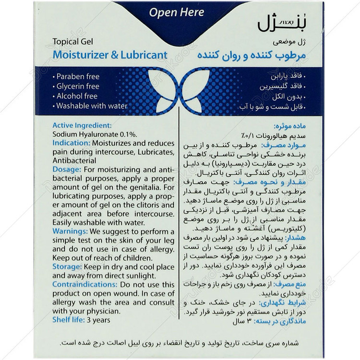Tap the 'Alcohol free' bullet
(x=76, y=96)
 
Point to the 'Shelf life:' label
(x=69, y=320)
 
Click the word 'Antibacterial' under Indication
(x=74, y=161)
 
